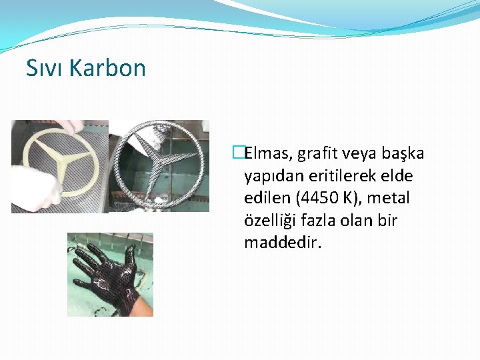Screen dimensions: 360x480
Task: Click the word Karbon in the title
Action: click(x=107, y=68)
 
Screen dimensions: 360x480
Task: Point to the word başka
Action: click(x=403, y=154)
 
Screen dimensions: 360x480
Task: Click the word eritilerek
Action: click(x=343, y=176)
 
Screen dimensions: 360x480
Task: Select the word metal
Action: click(x=389, y=198)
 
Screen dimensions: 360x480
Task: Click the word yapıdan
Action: click(x=271, y=176)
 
